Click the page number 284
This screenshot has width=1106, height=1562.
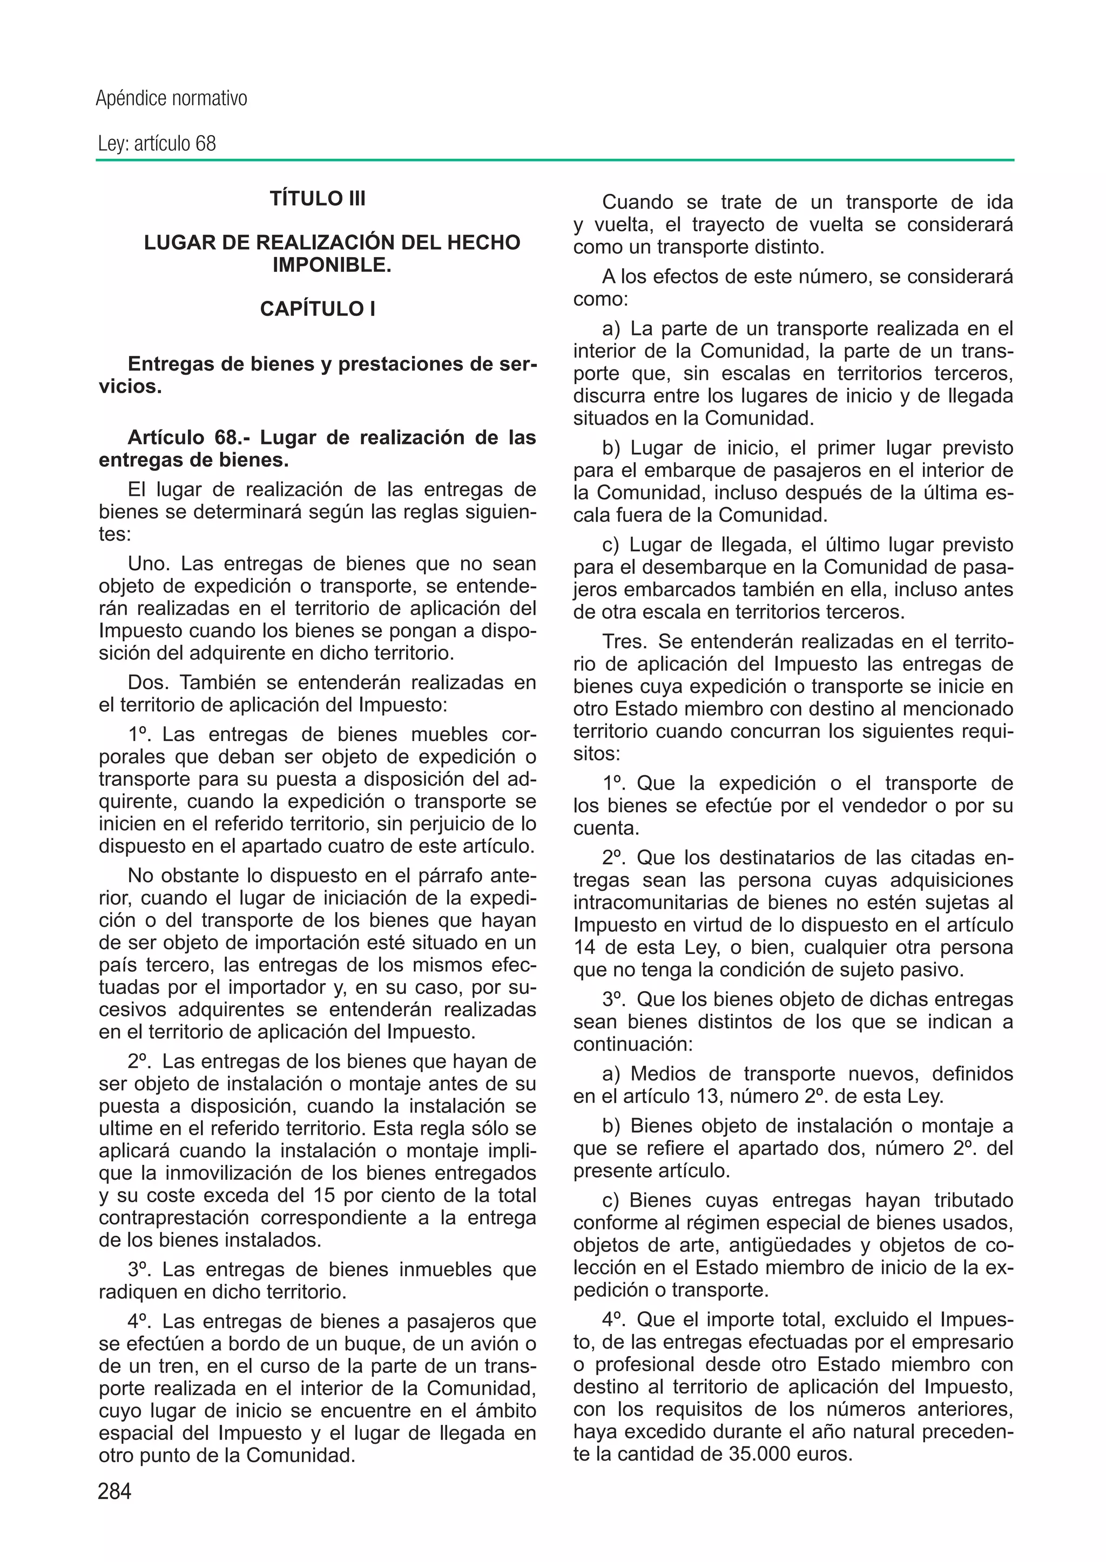[114, 1491]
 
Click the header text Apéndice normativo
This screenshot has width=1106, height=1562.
[171, 99]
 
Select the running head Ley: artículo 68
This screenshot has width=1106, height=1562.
[157, 144]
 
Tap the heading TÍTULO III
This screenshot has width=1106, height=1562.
[318, 199]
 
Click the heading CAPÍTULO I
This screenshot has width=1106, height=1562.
[318, 309]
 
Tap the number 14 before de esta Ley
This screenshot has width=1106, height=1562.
[584, 947]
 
